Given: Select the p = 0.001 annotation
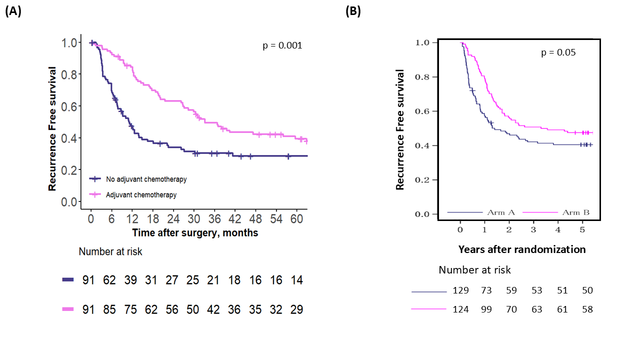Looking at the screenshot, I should [282, 45].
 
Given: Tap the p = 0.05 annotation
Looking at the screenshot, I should [558, 52].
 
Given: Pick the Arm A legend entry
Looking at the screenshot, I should [501, 212].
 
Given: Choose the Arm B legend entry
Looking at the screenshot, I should [576, 212].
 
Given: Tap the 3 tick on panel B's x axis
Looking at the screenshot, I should [533, 230].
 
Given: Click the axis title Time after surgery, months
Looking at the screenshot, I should [195, 233].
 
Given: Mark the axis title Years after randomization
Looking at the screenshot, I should [522, 249].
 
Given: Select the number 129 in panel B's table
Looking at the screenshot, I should [461, 290].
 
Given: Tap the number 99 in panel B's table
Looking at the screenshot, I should [485, 309].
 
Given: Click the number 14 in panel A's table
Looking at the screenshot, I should [296, 280].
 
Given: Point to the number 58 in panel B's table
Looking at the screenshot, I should [587, 309].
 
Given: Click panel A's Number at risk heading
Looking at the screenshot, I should [110, 252].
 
